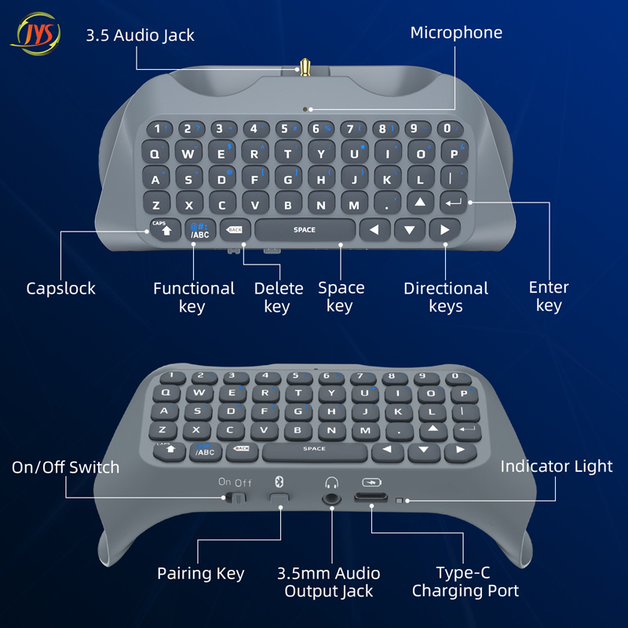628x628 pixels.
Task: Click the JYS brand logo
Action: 35,34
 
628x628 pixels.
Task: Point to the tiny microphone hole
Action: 305,109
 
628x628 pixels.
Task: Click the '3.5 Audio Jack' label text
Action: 141,35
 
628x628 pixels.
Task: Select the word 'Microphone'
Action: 456,32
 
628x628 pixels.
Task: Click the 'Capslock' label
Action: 61,288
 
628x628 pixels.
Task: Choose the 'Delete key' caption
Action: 279,298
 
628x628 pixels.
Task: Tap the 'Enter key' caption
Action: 549,297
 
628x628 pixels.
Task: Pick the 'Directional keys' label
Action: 446,298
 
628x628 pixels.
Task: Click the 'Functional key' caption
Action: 193,298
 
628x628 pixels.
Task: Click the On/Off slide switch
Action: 235,498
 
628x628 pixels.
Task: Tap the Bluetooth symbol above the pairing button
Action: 279,482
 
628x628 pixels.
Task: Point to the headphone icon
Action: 331,483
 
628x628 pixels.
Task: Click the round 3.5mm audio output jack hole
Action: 331,498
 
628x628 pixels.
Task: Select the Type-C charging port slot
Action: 371,498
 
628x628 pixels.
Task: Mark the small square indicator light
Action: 399,500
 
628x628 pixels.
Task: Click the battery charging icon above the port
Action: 371,483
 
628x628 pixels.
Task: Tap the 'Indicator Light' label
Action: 557,466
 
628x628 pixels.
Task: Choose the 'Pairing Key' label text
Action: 201,574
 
